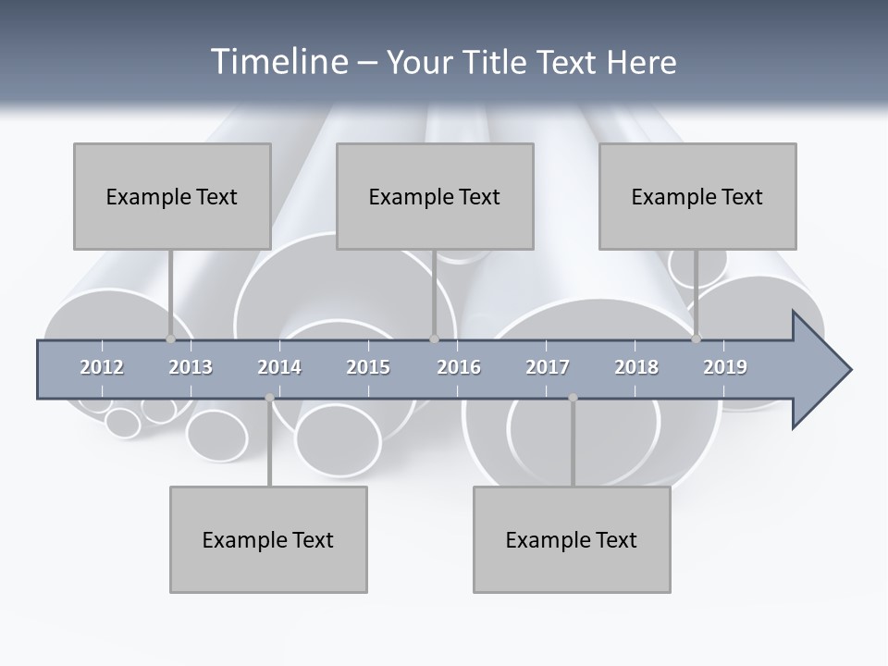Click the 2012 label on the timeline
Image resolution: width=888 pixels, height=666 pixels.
102,368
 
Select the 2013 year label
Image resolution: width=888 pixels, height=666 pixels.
191,368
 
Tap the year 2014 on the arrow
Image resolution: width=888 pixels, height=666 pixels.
279,368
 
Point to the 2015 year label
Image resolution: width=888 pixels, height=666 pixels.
368,368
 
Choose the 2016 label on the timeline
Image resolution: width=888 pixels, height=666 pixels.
459,368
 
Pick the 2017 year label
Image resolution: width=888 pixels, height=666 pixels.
548,368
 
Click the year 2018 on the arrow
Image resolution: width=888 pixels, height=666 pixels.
636,368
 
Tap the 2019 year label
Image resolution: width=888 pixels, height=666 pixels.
725,368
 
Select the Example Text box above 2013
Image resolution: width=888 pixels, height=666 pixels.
172,196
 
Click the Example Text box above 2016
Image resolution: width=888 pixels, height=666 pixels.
435,196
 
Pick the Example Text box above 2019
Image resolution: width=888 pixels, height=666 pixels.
697,196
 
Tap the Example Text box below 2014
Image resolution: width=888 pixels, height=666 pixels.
268,539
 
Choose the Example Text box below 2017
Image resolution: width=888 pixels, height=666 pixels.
572,539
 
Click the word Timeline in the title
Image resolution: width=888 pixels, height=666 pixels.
277,62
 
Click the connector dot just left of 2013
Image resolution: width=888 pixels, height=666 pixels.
170,339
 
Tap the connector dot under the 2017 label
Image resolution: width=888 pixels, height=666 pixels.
573,398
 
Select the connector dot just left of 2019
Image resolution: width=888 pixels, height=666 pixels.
696,339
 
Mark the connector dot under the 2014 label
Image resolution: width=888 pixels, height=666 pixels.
269,398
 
